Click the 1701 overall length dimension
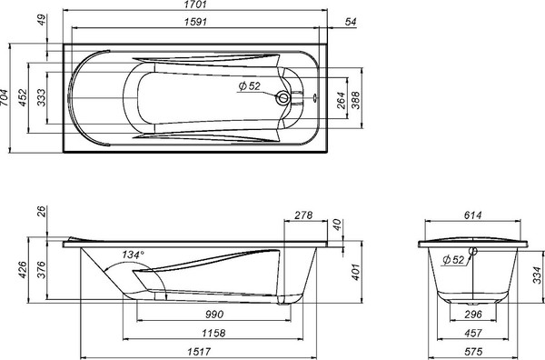coord(195,5)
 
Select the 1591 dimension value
coord(195,22)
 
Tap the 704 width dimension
coord(4,98)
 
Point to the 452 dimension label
coord(22,98)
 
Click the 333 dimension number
coord(41,98)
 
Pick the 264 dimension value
coord(342,101)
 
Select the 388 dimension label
coord(356,101)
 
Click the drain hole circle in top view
coord(283,98)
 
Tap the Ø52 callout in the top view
coord(249,86)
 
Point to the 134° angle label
coord(133,255)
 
